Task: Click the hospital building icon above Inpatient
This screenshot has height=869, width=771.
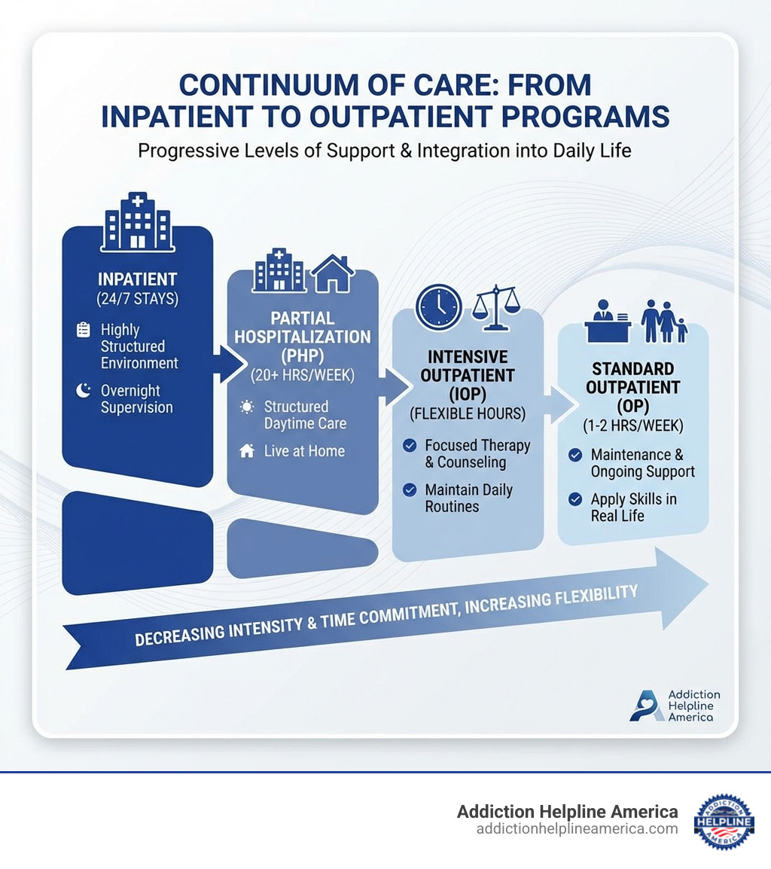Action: pos(138,221)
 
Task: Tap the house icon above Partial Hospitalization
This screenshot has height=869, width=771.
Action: pos(333,273)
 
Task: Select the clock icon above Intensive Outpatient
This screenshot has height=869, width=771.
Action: pos(438,306)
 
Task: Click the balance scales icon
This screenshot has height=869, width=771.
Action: pos(495,306)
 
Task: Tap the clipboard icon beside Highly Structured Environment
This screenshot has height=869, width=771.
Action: pos(84,330)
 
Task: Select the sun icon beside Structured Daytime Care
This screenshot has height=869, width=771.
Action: pos(246,407)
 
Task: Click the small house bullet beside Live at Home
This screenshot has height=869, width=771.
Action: pos(246,451)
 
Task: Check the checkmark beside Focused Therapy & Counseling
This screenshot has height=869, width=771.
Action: pos(410,446)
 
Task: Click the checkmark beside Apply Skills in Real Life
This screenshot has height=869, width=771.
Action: pos(575,499)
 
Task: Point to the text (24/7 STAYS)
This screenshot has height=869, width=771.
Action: pos(137,298)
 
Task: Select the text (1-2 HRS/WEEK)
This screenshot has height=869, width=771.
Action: pos(632,425)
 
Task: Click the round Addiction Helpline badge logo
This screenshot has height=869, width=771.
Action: pos(724,821)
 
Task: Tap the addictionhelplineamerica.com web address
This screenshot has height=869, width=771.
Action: pos(577,829)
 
